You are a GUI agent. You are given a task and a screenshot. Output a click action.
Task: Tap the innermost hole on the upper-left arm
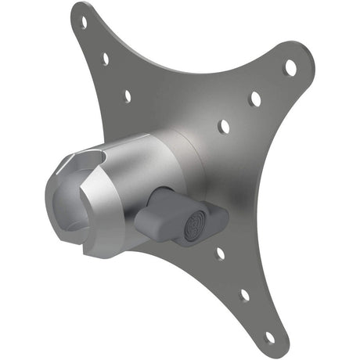click(x=127, y=95)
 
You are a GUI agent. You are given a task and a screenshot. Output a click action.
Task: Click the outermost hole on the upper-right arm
click(x=290, y=67)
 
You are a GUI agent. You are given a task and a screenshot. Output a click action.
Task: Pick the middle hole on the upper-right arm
click(x=255, y=99)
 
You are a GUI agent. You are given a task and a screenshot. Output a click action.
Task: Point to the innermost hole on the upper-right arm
click(x=224, y=125)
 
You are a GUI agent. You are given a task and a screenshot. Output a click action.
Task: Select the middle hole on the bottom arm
click(x=245, y=295)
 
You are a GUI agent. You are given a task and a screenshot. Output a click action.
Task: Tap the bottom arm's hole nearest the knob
click(x=220, y=253)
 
